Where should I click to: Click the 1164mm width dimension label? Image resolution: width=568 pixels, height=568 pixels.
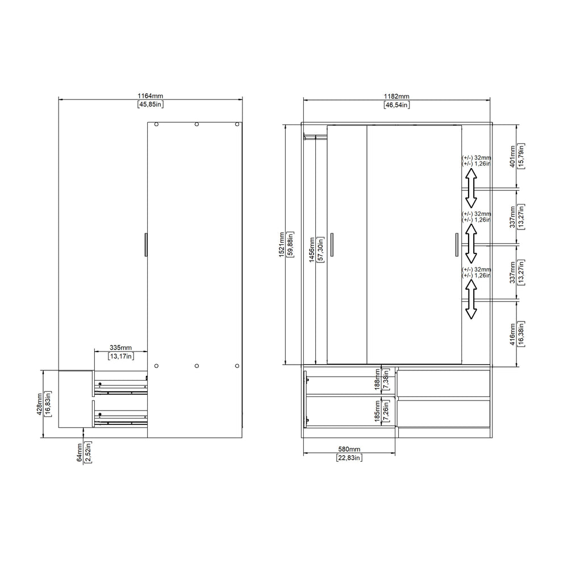coord(151,96)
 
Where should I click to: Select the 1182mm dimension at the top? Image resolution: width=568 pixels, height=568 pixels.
coord(396,97)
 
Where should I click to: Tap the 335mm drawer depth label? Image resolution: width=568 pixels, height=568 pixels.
coord(120,348)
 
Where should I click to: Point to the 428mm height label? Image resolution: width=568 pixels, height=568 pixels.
coord(40,404)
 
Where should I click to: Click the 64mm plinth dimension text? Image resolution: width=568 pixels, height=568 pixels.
coord(80,452)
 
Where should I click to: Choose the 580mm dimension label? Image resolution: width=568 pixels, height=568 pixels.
coord(349,449)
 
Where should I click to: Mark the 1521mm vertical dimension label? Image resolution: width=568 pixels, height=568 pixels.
coord(282,244)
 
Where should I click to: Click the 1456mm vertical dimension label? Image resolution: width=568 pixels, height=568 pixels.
coord(312,250)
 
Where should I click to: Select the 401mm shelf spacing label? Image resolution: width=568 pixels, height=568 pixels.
coord(512,157)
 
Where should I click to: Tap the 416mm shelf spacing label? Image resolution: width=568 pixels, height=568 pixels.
coord(512,334)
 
